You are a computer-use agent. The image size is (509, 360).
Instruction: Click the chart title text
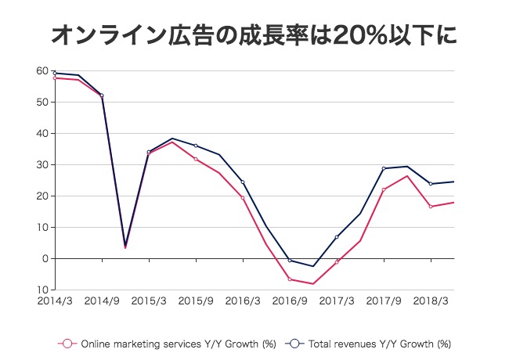pos(254,34)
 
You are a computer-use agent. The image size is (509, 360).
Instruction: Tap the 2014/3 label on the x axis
pos(54,301)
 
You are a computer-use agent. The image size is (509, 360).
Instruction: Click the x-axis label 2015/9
pos(195,301)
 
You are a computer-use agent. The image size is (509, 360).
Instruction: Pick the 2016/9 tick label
pos(289,301)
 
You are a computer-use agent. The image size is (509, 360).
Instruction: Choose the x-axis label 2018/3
pos(431,301)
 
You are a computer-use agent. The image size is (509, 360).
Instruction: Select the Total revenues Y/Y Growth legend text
pos(379,343)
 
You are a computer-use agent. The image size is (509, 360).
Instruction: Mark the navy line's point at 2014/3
pos(55,73)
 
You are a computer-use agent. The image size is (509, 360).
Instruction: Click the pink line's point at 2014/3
pos(55,78)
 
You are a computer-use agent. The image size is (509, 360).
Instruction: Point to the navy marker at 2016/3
pos(243,182)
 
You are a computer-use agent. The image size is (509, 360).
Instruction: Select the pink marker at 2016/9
pos(290,279)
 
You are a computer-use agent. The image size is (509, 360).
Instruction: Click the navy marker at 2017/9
pos(384,168)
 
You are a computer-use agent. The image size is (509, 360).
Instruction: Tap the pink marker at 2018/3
pos(431,207)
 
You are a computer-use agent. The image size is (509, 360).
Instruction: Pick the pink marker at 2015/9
pos(196,159)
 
